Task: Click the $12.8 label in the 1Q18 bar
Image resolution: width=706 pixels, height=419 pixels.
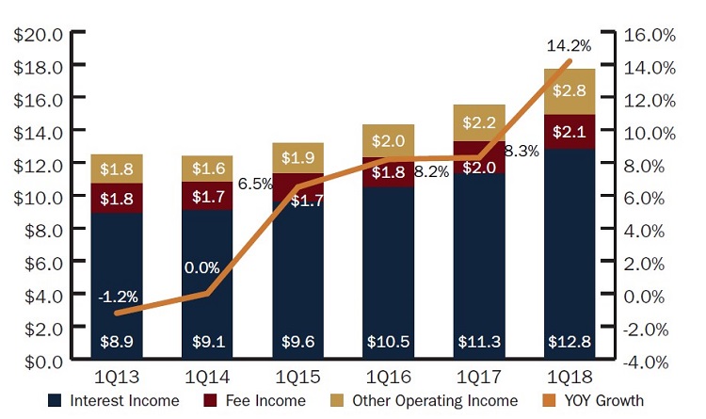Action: pyautogui.click(x=570, y=342)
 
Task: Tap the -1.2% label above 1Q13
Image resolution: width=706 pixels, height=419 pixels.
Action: pyautogui.click(x=117, y=298)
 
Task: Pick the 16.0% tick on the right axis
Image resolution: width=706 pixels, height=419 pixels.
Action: pyautogui.click(x=650, y=35)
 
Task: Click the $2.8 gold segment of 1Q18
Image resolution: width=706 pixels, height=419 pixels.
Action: pyautogui.click(x=570, y=91)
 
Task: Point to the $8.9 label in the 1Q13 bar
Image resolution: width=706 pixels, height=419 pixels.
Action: pyautogui.click(x=117, y=342)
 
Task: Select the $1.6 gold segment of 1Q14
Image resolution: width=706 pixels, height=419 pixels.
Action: pyautogui.click(x=207, y=169)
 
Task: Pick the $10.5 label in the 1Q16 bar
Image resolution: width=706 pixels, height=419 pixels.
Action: pyautogui.click(x=388, y=342)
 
